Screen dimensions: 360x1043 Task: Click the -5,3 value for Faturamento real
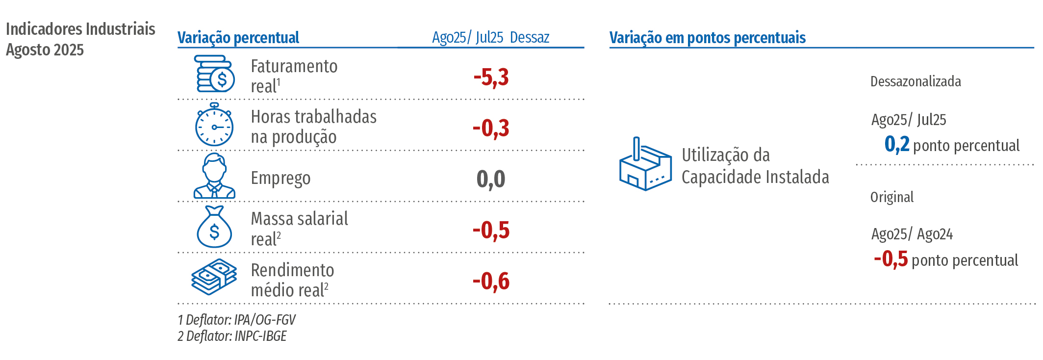491,77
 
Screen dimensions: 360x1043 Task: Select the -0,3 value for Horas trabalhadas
491,129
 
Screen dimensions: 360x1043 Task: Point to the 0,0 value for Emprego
491,179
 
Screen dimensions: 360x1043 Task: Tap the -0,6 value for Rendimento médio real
491,282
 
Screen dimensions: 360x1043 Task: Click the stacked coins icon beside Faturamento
215,74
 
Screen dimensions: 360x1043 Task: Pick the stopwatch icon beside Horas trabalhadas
214,125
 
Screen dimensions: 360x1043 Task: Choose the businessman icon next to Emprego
214,177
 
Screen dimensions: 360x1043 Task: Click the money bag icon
214,227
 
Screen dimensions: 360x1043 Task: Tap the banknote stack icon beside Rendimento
214,277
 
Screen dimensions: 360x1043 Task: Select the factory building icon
645,165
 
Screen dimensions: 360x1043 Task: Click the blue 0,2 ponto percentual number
897,145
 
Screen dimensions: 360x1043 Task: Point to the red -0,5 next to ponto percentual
890,259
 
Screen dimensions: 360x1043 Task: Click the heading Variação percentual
238,38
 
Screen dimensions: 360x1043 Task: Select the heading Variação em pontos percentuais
707,38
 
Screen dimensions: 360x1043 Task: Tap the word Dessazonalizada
916,81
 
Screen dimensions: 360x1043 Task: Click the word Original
892,197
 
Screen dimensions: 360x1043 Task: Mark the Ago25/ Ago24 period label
912,234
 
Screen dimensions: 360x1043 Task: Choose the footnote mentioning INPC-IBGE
232,336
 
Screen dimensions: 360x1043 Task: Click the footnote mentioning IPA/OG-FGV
236,320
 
